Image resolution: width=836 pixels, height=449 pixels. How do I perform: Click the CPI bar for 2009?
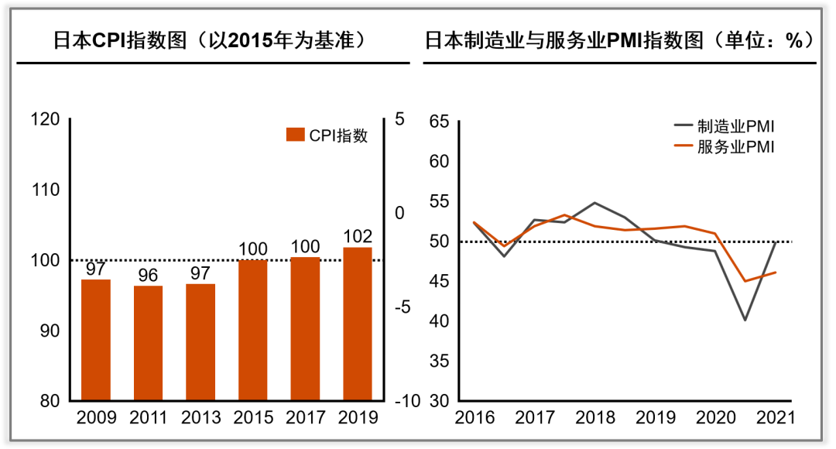click(96, 340)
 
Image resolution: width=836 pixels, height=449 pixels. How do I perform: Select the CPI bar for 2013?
click(200, 342)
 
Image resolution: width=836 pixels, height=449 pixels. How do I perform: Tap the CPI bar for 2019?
click(357, 324)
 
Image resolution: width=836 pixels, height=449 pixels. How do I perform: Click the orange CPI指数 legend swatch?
click(296, 135)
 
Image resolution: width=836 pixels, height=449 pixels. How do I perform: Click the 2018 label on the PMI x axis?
click(594, 419)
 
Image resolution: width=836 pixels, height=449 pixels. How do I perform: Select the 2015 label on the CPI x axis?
click(252, 419)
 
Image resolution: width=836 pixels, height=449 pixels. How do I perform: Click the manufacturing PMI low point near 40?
click(745, 320)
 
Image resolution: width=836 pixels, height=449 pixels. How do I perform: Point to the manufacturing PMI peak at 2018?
click(594, 203)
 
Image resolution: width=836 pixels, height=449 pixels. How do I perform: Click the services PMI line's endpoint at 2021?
click(776, 272)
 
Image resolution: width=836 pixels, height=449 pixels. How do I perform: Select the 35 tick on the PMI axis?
click(439, 361)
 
